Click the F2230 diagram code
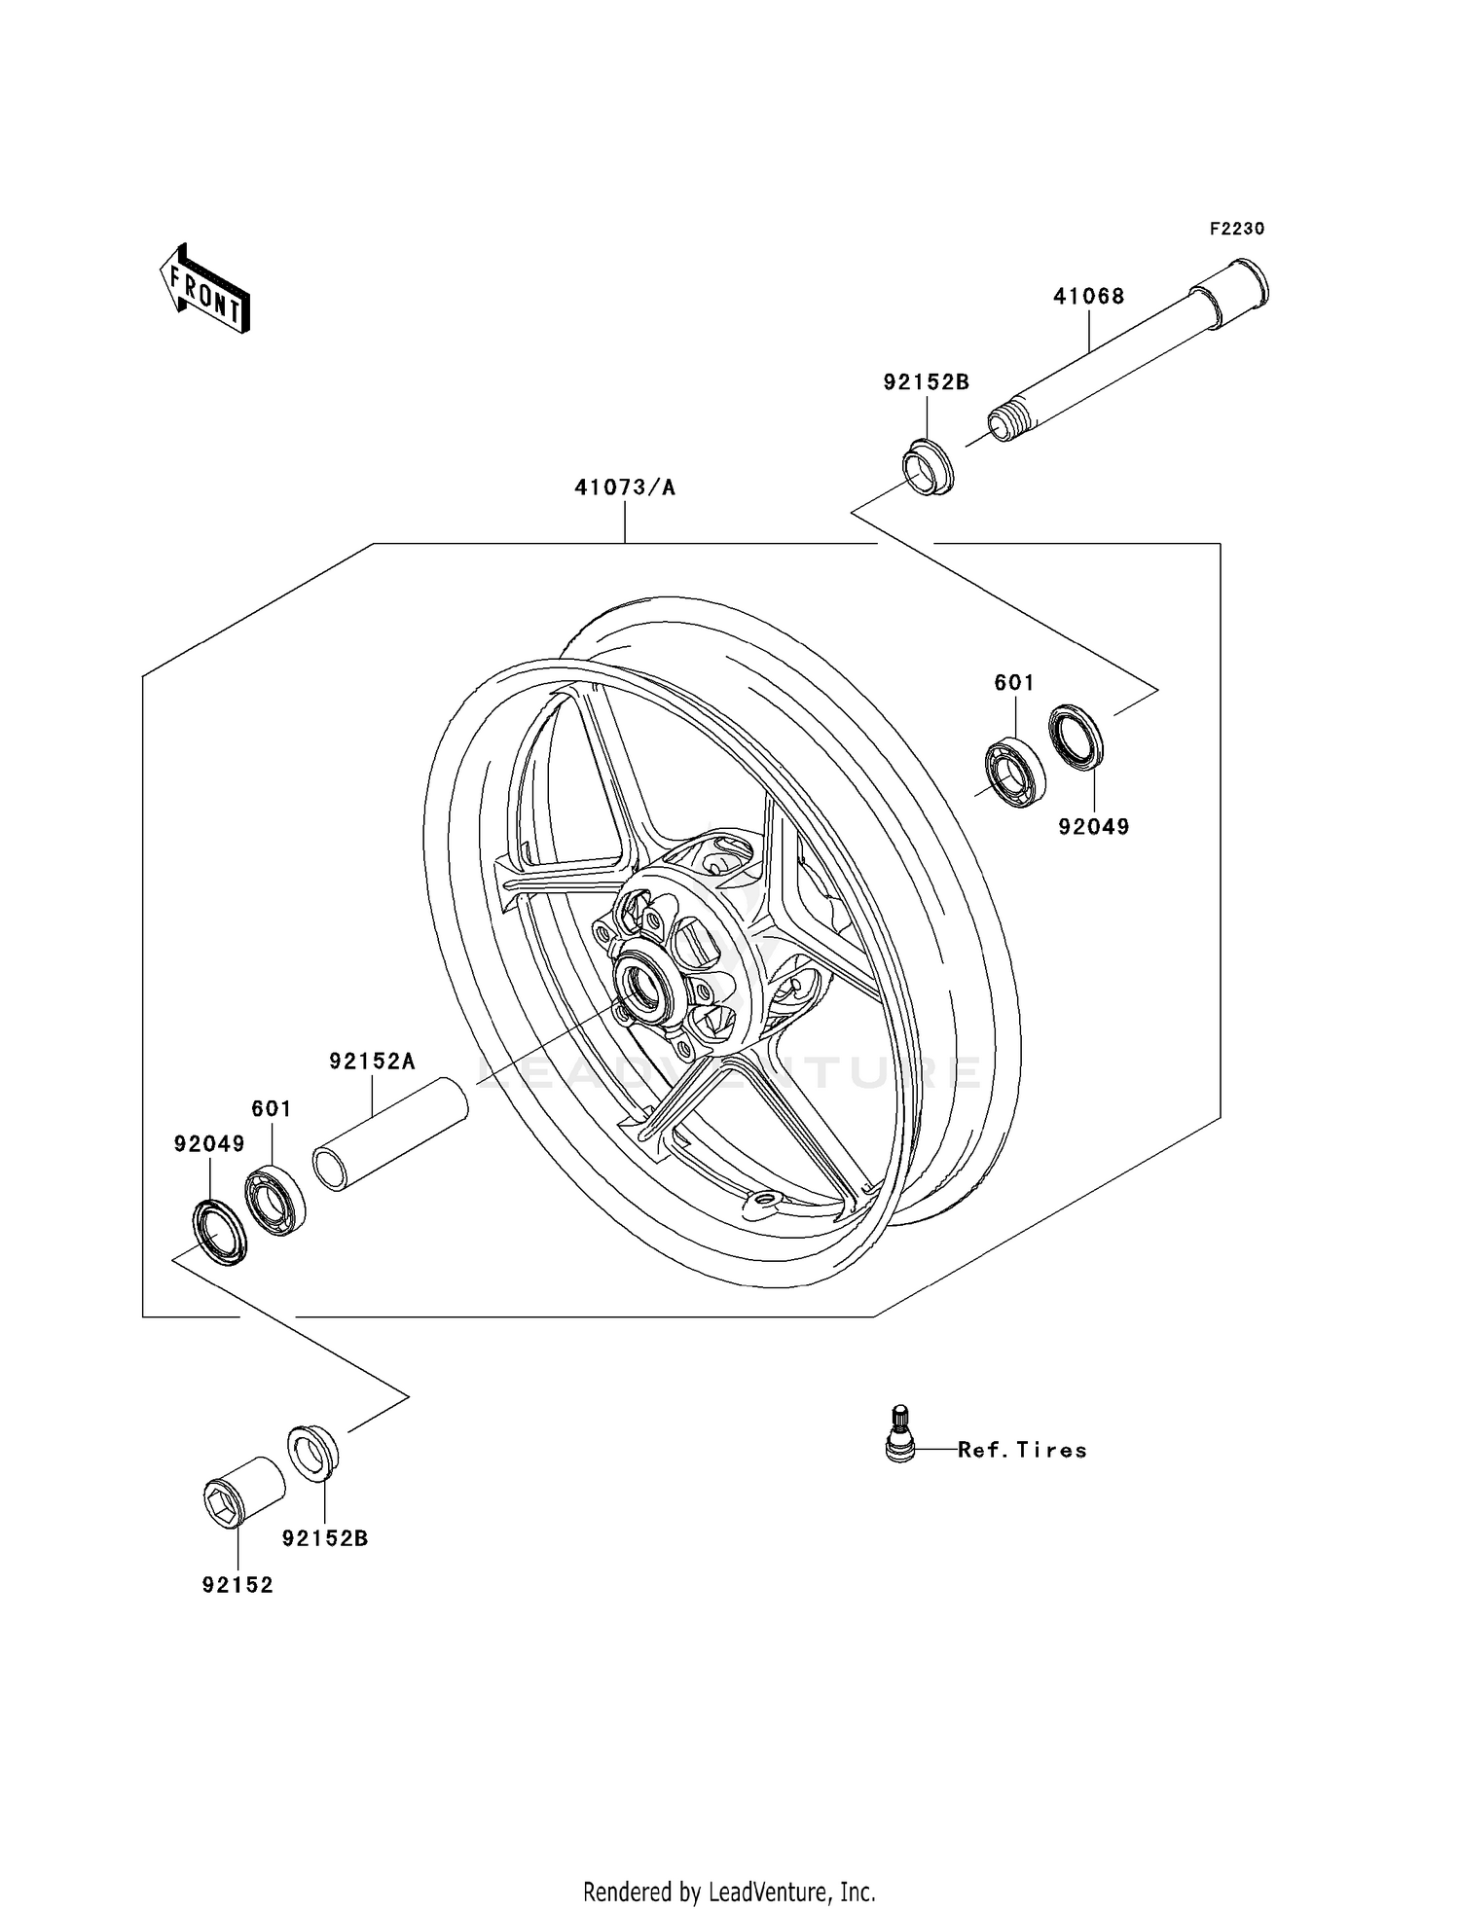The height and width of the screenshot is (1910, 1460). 1236,229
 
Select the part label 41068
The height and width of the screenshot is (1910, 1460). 1088,296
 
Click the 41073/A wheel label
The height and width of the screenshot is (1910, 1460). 624,487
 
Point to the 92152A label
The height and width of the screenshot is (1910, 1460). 372,1062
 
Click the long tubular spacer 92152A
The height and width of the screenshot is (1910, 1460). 389,1133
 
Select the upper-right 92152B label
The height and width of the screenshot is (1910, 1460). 926,382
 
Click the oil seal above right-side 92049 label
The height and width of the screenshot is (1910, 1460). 1077,736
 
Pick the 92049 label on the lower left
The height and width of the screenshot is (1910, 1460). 209,1144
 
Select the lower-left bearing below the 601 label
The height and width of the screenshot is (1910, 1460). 275,1200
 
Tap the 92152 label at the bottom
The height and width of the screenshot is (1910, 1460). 237,1585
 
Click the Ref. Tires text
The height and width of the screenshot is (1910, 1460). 1021,1450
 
